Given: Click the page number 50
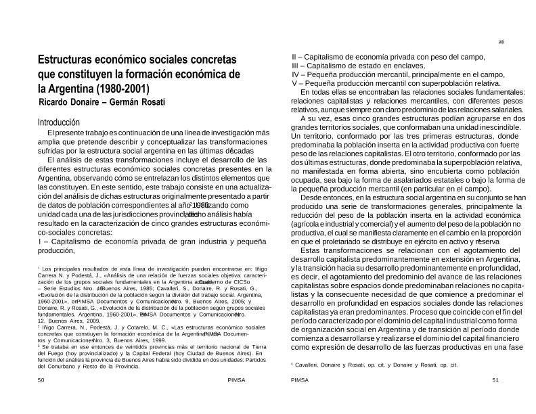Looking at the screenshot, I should [x=41, y=399].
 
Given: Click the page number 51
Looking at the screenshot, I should [x=495, y=399].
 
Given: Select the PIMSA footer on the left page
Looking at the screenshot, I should [x=237, y=399].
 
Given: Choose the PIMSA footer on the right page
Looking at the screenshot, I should [x=300, y=399].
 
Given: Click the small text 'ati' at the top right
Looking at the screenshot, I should [x=501, y=42].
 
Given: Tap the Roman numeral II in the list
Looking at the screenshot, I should [x=294, y=57].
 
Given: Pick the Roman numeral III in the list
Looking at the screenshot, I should [x=295, y=66].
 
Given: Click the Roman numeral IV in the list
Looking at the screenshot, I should [x=296, y=74].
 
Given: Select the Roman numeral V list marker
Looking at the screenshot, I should [x=294, y=83].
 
